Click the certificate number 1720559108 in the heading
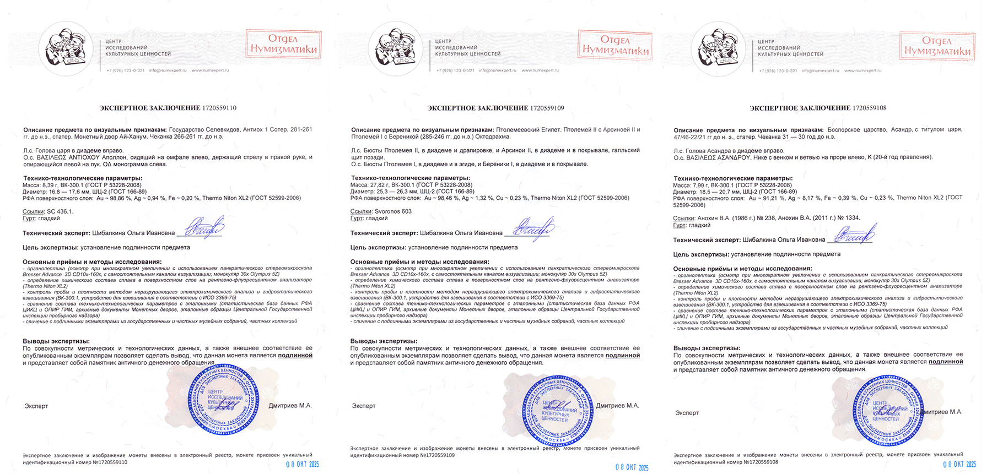pos(869,108)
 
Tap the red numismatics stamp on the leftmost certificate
pos(283,44)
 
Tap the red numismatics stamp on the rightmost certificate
pos(937,45)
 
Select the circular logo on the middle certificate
pos(396,48)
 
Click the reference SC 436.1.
pos(60,211)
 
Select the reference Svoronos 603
pos(393,211)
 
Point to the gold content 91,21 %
pos(770,198)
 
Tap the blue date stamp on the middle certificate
pos(632,467)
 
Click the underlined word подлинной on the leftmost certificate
pos(295,356)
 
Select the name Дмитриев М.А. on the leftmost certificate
pos(290,406)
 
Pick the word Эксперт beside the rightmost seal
pos(687,413)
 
